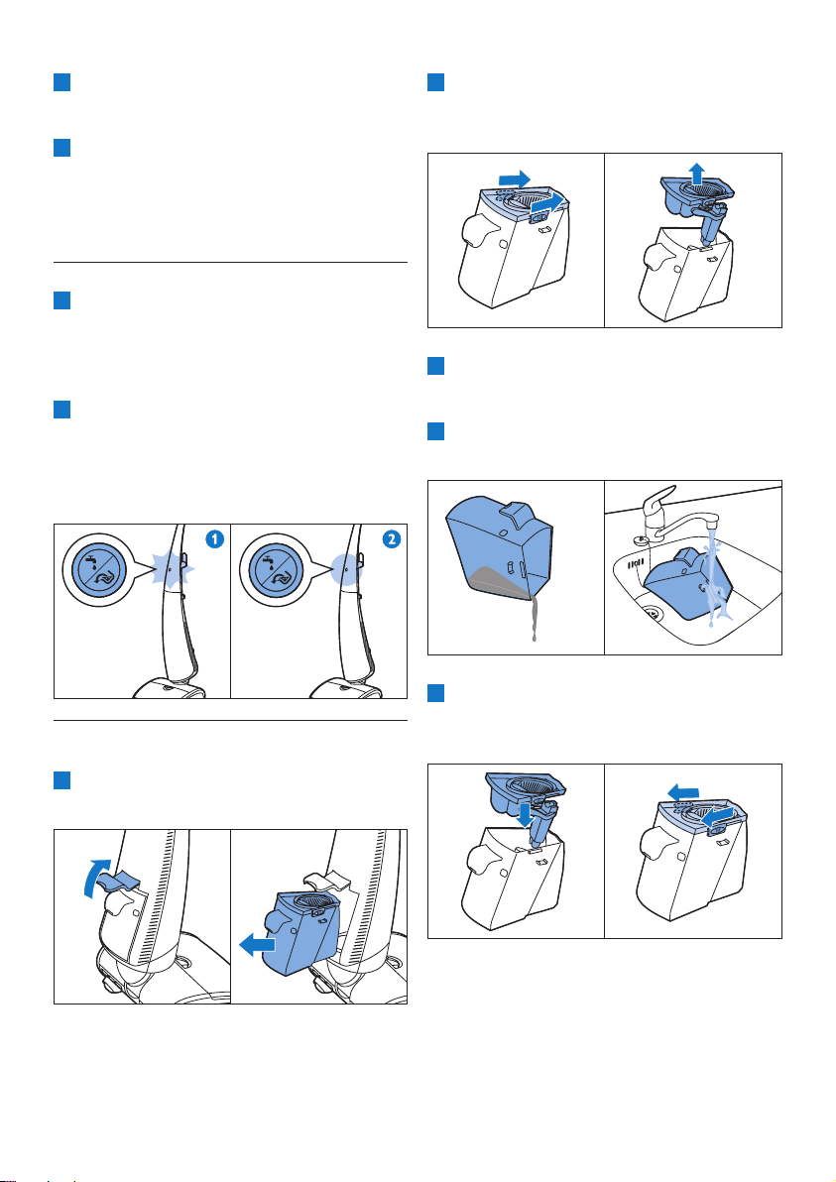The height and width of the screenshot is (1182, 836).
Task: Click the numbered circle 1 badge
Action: [x=215, y=539]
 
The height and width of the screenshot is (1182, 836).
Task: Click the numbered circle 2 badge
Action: [x=392, y=539]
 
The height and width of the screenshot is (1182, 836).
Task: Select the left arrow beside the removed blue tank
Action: [x=257, y=944]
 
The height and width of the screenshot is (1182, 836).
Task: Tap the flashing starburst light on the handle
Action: [x=172, y=570]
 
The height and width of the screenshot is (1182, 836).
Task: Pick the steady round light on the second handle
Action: [x=346, y=570]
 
